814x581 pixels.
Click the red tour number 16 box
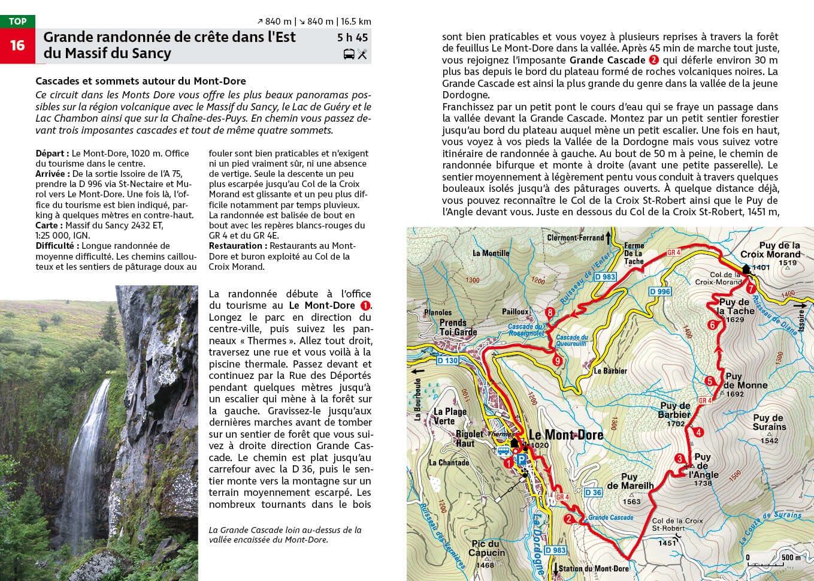[x=17, y=46]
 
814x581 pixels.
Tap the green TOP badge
[x=17, y=22]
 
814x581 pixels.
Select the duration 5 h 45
[x=352, y=37]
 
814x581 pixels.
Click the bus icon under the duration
[x=349, y=55]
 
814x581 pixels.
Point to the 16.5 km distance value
[x=356, y=22]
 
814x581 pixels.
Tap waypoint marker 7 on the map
[x=751, y=288]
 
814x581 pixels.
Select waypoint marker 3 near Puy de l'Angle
[x=679, y=459]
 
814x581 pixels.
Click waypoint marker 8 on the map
[x=550, y=312]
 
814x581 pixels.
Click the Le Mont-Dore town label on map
[x=565, y=435]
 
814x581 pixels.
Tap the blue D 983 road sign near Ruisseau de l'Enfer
[x=605, y=276]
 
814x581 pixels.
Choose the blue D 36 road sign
[x=592, y=492]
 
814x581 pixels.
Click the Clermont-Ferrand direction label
[x=575, y=237]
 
